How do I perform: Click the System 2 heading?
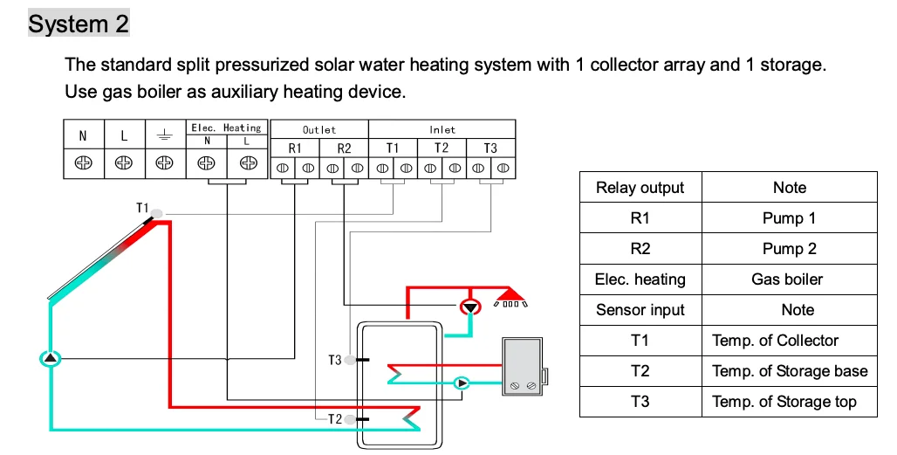coord(79,24)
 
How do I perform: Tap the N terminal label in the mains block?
coord(83,136)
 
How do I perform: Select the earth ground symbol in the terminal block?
coord(165,135)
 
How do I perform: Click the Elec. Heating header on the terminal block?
coord(227,128)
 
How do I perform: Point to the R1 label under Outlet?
coord(295,148)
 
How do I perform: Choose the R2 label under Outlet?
coord(344,148)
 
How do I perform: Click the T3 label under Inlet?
coord(490,148)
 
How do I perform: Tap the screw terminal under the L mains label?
coord(124,163)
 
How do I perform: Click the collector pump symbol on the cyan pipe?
coord(51,358)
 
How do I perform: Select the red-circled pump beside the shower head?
coord(471,307)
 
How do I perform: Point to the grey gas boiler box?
coord(524,366)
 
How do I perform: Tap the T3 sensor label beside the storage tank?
coord(335,360)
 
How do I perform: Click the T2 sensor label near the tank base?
coord(335,419)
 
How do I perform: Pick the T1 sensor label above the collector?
coord(142,208)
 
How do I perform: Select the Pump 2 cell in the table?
coord(790,249)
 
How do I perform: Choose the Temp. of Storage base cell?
coord(790,371)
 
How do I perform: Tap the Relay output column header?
coord(640,188)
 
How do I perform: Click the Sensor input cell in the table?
coord(640,310)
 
